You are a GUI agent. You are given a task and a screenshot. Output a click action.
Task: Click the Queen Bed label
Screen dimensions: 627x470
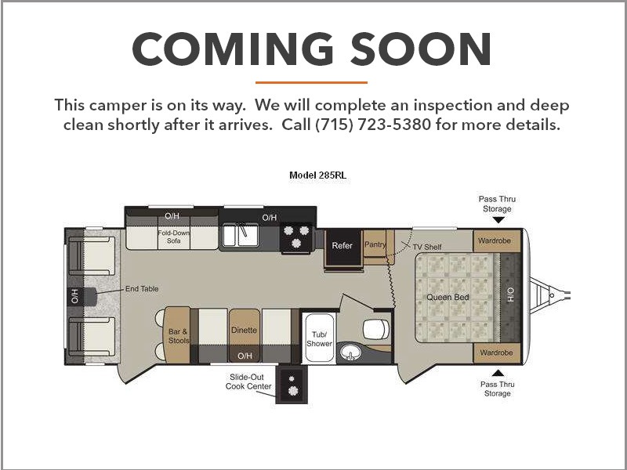tap(448, 298)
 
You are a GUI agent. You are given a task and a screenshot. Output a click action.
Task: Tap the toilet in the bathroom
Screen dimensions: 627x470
tap(376, 329)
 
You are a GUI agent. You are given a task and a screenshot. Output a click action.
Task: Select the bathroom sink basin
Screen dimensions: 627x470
tap(350, 353)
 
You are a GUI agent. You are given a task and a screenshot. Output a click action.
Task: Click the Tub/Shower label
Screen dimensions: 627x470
tap(319, 339)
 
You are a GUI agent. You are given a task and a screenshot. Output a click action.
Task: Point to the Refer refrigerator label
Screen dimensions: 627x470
tap(342, 245)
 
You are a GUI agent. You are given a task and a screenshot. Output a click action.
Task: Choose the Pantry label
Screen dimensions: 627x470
tap(375, 244)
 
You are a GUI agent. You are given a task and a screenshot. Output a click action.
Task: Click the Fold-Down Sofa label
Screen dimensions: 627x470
tap(173, 237)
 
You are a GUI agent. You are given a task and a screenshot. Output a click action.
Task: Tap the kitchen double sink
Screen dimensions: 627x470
tap(241, 236)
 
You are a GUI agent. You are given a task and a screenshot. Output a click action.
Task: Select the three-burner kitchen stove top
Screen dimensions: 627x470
tap(296, 237)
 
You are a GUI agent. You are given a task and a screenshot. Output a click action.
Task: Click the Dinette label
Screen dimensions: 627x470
tap(244, 330)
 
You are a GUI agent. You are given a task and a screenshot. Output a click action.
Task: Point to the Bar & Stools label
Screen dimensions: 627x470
tap(179, 336)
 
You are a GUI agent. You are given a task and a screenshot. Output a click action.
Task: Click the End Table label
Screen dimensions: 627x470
tap(142, 288)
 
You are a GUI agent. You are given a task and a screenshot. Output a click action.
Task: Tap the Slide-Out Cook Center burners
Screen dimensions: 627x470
tap(292, 385)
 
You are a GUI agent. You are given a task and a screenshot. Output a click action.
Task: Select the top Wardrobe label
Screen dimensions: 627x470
tap(495, 240)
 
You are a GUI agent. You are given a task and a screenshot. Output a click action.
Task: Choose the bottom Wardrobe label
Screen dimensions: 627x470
tap(496, 352)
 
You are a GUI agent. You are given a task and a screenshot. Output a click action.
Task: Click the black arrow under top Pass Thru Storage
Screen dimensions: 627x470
tap(498, 220)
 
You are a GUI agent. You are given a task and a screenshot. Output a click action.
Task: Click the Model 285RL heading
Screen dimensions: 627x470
tap(318, 175)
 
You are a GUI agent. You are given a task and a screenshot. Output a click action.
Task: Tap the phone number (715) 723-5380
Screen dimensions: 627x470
tap(373, 125)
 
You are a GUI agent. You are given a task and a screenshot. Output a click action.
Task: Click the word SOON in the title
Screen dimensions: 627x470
tap(420, 49)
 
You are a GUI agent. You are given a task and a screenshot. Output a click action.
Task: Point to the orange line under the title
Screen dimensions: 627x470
tap(311, 83)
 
